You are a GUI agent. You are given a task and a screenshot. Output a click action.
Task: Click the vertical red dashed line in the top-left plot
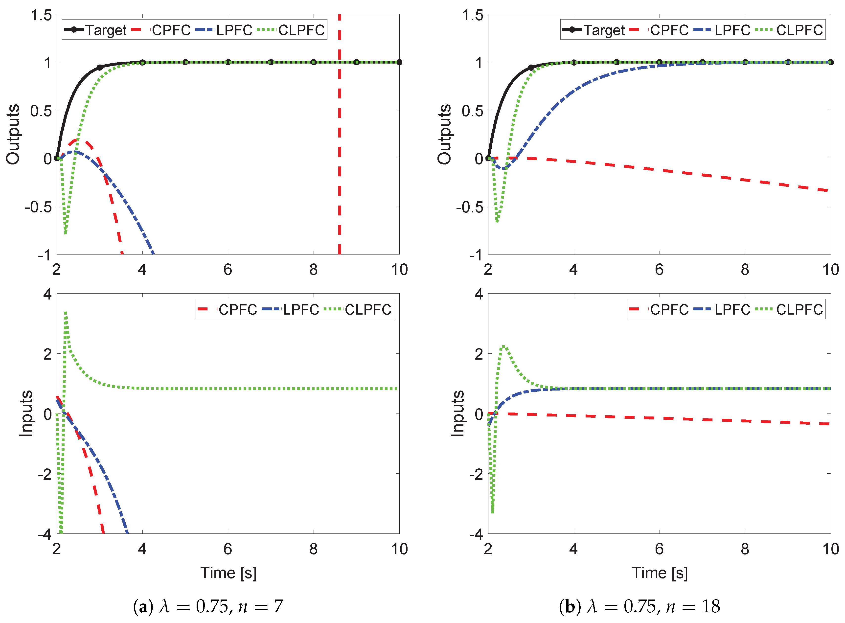coord(339,151)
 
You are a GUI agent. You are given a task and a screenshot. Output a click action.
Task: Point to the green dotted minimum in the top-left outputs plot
coord(66,233)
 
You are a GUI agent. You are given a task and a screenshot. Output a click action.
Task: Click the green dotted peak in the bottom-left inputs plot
coord(66,313)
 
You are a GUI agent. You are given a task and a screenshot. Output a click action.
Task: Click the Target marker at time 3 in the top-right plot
coord(531,68)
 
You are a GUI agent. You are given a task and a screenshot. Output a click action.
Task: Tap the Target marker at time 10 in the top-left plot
coord(399,62)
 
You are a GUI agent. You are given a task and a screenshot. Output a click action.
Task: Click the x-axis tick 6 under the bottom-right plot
coord(659,549)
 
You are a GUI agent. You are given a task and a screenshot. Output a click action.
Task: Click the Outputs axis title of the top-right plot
coord(444,134)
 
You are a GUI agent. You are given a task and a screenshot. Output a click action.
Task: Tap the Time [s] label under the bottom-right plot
coord(660,573)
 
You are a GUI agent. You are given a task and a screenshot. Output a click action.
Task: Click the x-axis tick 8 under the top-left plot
coord(313,270)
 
